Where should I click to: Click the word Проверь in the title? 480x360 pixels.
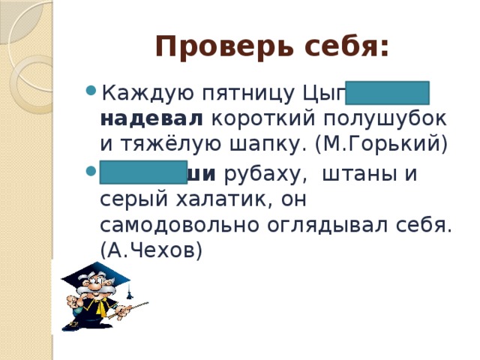pos(211,47)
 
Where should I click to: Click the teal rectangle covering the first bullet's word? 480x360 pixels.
pos(387,94)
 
